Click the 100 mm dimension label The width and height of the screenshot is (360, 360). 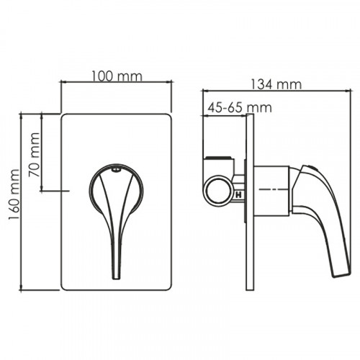pos(117,76)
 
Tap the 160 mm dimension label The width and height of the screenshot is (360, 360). pos(14,194)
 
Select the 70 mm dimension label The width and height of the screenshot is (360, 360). pos(35,155)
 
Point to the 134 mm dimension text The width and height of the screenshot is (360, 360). pos(276,85)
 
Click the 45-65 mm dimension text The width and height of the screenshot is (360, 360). pos(240,108)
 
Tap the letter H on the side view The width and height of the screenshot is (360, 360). pos(239,195)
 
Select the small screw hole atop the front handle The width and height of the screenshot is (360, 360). pos(117,170)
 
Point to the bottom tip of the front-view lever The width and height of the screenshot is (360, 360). pos(116,279)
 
